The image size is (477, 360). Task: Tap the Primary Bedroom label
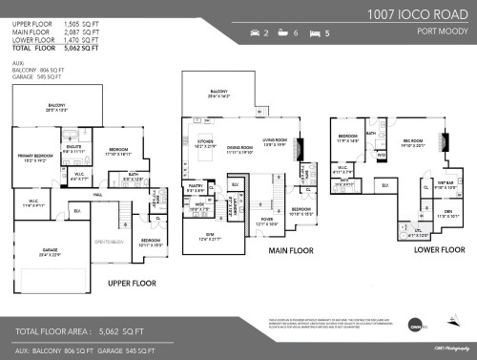click(35, 157)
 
